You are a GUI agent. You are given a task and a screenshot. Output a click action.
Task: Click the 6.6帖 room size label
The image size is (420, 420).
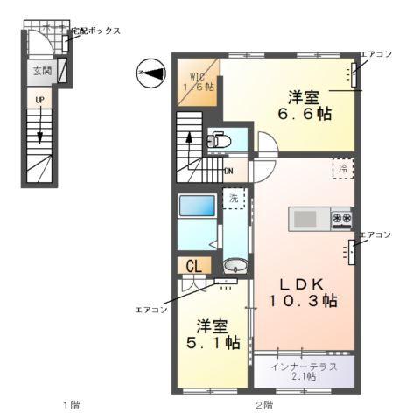pos(306,114)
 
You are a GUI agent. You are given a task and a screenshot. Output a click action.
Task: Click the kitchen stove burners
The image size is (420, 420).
pos(341,218)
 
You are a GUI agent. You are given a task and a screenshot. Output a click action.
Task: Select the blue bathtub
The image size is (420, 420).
pos(196,207)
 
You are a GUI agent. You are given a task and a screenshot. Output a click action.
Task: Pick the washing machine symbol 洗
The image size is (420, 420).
pos(234,199)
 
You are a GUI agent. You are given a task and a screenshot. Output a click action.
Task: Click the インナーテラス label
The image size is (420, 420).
pos(304,364)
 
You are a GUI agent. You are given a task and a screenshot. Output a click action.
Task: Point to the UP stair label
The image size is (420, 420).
pos(39,100)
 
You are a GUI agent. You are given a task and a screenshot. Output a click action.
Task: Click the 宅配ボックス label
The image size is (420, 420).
pos(95,31)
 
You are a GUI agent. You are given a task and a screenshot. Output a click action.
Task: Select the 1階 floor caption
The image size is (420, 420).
pos(71,404)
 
